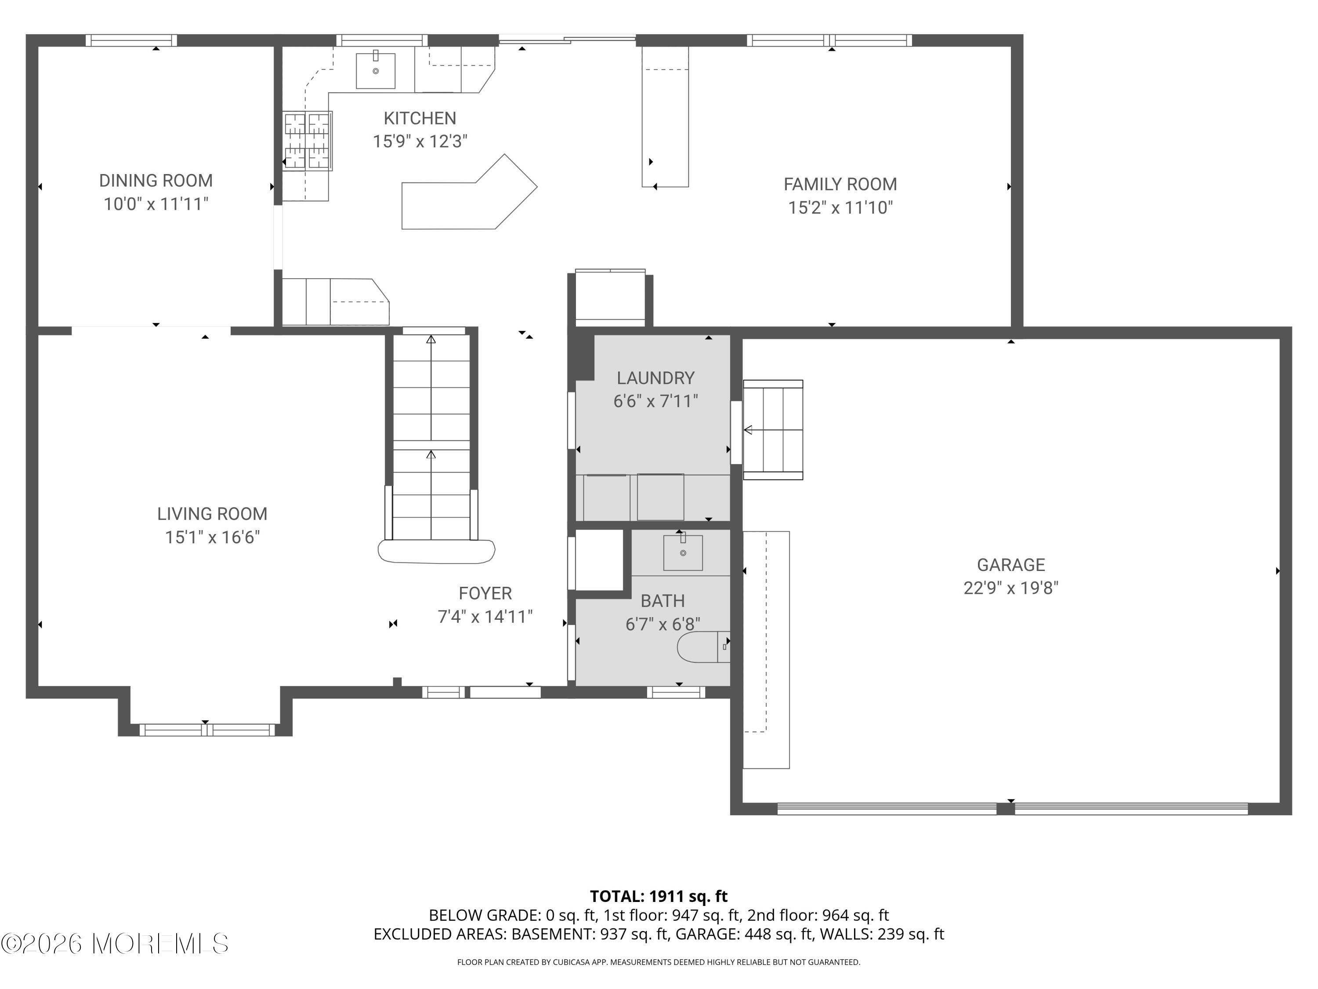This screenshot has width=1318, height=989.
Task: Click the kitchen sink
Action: click(375, 71)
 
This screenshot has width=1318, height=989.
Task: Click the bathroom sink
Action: click(683, 553)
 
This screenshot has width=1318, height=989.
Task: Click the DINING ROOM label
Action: click(156, 181)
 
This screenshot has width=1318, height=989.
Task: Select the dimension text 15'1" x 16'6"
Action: click(212, 537)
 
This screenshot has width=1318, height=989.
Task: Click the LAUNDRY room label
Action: click(655, 378)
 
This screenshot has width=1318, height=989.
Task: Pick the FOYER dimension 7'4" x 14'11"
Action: click(485, 616)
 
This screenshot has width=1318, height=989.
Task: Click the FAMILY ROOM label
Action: click(840, 184)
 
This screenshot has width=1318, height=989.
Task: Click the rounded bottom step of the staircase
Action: click(436, 552)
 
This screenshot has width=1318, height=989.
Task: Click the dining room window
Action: click(131, 40)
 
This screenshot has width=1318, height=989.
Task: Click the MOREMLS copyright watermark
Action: click(114, 944)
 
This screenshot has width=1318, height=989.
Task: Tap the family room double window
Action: click(829, 40)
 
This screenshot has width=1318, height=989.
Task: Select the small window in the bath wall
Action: click(676, 692)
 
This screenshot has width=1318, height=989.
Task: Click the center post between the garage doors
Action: click(1006, 809)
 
